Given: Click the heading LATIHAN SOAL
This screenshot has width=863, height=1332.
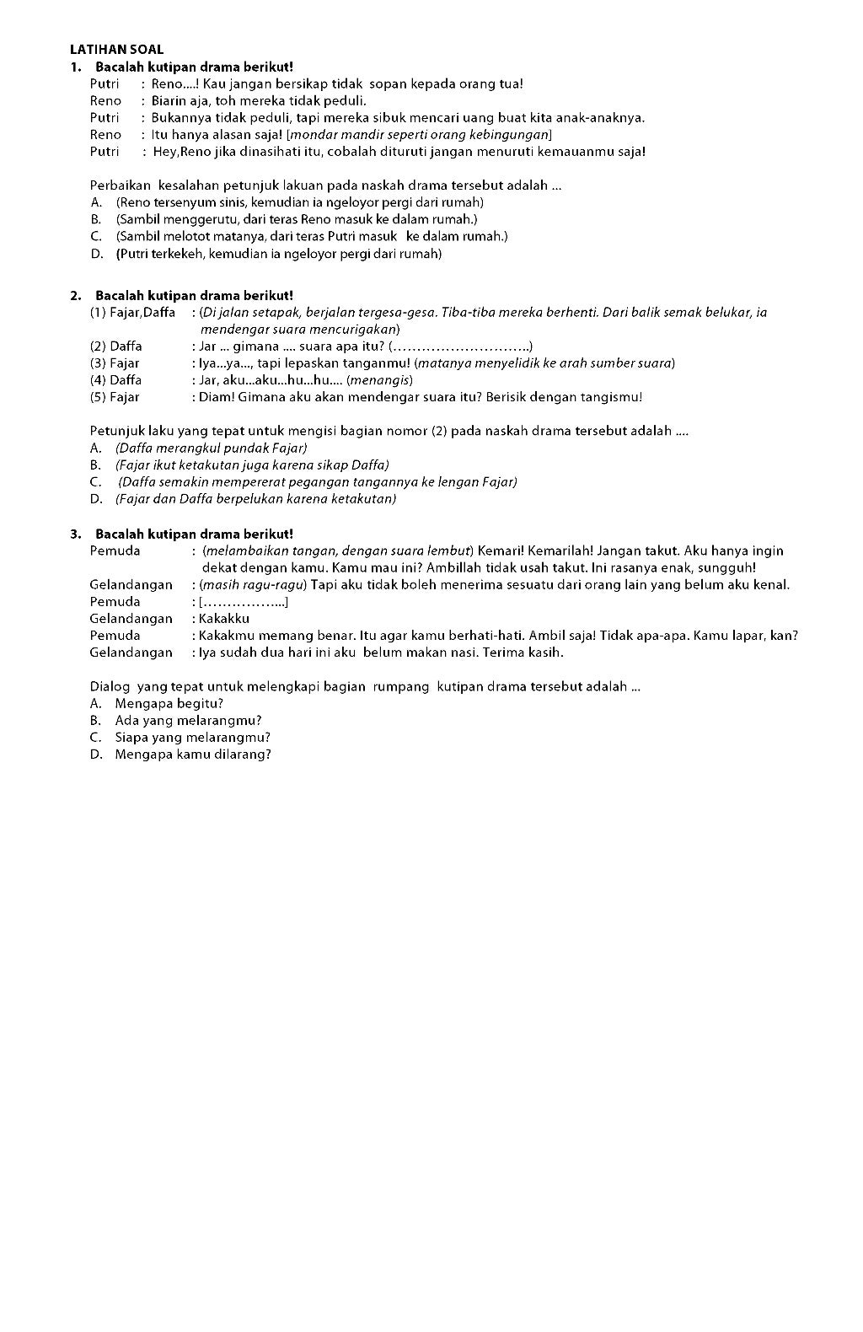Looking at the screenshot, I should [x=116, y=50].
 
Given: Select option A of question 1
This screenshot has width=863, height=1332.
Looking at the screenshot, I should [x=299, y=202].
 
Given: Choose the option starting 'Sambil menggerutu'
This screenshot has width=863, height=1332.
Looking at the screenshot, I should [x=297, y=219].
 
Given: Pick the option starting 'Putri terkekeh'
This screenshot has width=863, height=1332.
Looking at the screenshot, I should [x=278, y=253].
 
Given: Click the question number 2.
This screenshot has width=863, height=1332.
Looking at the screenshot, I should [x=76, y=295].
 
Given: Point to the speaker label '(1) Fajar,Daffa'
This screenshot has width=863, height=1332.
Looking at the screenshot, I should [x=132, y=313].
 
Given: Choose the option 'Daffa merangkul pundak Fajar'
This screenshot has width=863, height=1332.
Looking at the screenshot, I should [x=211, y=448].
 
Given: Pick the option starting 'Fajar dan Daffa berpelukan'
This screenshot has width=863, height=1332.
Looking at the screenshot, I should [x=255, y=498].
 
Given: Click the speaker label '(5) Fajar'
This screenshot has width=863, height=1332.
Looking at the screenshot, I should [x=115, y=397].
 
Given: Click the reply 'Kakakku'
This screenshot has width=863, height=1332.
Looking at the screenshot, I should [x=224, y=619].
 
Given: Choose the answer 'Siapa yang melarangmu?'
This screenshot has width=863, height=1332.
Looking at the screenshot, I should [x=192, y=737].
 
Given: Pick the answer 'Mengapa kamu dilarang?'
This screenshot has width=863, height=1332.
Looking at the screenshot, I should [x=193, y=754].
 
